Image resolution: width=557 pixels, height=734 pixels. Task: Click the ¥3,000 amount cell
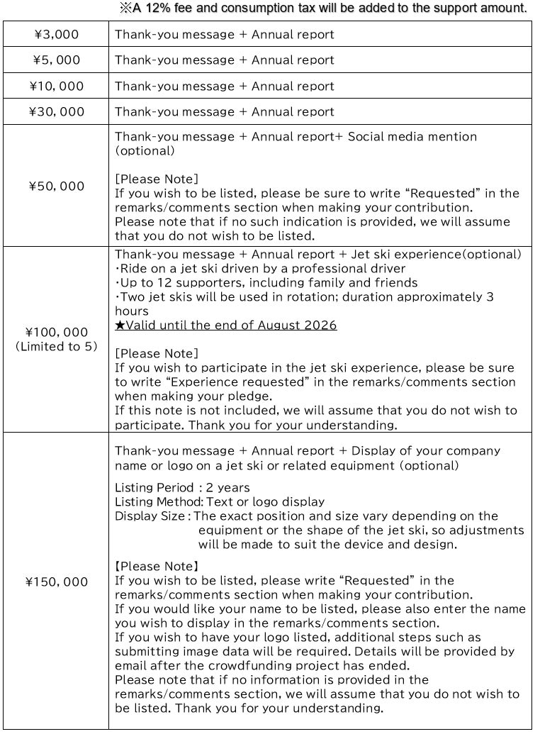click(x=56, y=34)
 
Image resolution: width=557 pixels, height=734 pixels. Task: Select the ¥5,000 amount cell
click(x=56, y=60)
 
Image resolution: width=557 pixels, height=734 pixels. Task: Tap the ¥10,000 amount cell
click(x=56, y=86)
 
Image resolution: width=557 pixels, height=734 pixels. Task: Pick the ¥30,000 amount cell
click(x=56, y=111)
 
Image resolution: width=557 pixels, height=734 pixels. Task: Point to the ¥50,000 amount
click(x=56, y=186)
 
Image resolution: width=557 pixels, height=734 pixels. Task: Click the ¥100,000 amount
click(x=56, y=332)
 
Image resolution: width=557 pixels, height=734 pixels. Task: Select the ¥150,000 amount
click(x=56, y=582)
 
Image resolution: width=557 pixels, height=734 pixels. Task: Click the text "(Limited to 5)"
click(x=56, y=347)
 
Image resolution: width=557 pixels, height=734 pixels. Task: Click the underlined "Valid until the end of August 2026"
click(x=230, y=326)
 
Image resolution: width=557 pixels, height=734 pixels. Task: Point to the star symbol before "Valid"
click(x=119, y=326)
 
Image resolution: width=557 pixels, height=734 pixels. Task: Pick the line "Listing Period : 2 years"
click(x=182, y=487)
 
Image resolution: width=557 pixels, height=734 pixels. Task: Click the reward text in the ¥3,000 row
click(x=224, y=34)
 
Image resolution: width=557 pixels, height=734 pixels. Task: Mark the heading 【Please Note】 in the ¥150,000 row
click(x=157, y=566)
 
